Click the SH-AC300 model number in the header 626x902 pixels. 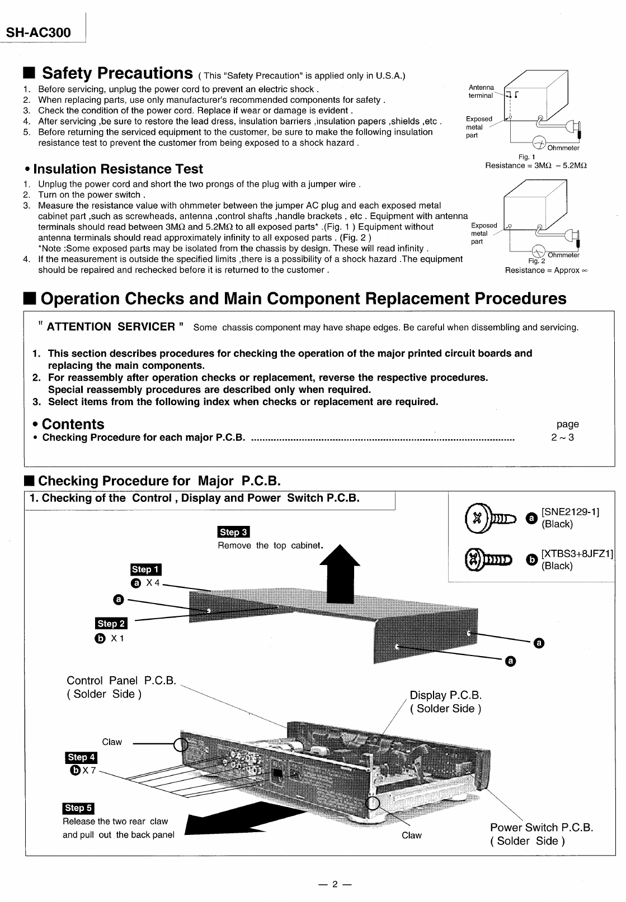(39, 32)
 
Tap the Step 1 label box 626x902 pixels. (145, 569)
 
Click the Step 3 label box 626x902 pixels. (233, 532)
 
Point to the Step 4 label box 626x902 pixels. (81, 757)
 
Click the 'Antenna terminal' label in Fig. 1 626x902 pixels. (481, 91)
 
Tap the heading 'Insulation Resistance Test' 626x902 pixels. (118, 169)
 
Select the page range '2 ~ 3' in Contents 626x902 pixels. (562, 437)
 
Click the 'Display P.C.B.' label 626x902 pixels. (445, 695)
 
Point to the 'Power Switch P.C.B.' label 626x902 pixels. (541, 827)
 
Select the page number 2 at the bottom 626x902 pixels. (334, 884)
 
